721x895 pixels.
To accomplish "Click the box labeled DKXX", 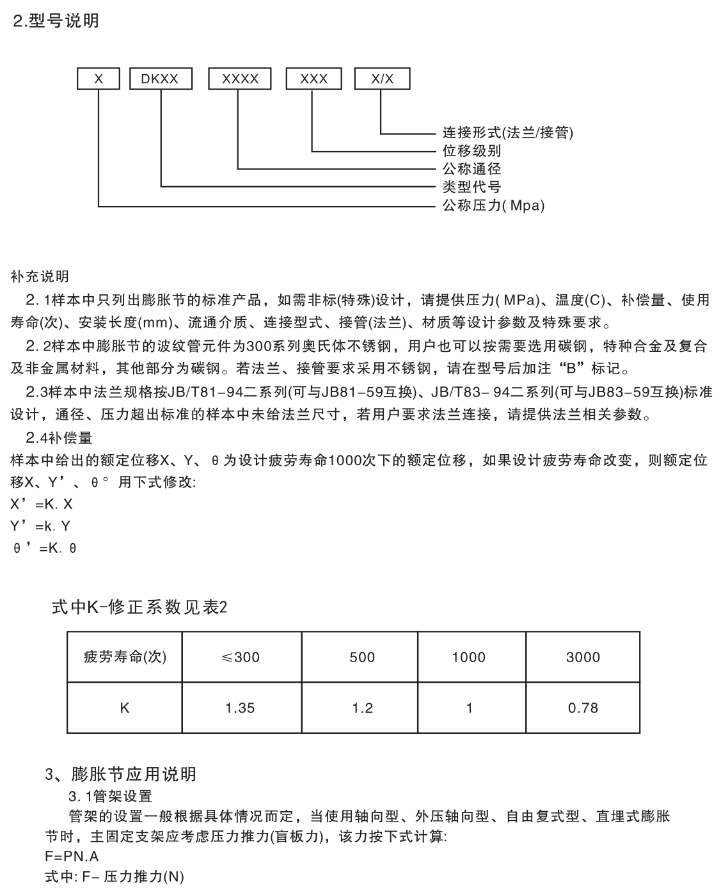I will (160, 79).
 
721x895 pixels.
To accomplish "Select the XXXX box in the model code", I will (240, 79).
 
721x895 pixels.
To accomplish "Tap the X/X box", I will (382, 79).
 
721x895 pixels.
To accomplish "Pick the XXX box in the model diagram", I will (313, 79).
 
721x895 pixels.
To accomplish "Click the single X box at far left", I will (99, 79).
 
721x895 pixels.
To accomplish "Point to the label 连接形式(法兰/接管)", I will (508, 133).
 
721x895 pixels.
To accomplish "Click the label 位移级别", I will (472, 151).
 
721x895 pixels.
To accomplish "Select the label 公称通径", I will (472, 169).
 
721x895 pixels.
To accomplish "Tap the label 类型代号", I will (472, 187).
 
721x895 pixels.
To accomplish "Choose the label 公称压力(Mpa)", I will (493, 206).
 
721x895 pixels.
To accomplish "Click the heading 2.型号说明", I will (56, 21).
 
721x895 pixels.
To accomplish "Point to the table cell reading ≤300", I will (241, 657).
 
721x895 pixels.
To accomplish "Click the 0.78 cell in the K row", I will (583, 708).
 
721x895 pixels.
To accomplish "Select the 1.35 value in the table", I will (241, 708).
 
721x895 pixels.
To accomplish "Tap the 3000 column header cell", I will (583, 657).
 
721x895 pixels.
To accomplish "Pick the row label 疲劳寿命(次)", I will (125, 657).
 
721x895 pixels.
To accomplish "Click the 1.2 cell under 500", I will (362, 708).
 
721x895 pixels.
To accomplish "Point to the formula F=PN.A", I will (72, 856).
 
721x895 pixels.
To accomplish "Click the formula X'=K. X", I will (42, 504).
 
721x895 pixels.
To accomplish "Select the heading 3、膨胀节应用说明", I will (121, 775).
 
